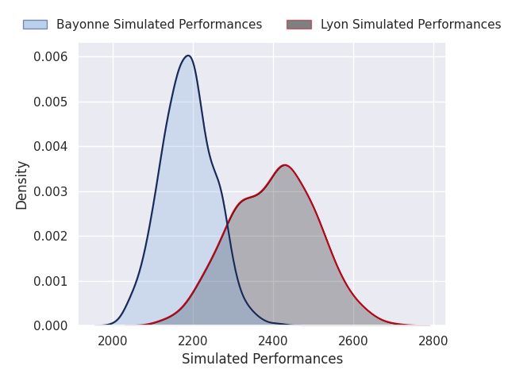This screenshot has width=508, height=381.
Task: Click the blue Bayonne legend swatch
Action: tap(35, 25)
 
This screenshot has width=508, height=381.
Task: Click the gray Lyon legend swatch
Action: tap(299, 25)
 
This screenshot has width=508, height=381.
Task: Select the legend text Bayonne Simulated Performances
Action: tap(159, 25)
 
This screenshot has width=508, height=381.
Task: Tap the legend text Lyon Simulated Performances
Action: tap(411, 25)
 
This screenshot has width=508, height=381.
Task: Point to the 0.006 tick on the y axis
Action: tap(51, 57)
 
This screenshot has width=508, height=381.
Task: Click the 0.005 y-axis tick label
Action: tap(51, 102)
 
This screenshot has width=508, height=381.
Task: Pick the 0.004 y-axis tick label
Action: tap(51, 147)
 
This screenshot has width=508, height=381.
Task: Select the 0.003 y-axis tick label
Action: tap(51, 192)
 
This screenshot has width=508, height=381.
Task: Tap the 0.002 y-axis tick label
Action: tap(51, 237)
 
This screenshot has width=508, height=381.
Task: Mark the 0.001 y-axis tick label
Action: tap(51, 281)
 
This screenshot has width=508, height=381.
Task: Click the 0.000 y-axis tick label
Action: tap(51, 326)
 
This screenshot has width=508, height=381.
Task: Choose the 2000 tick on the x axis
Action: tap(113, 341)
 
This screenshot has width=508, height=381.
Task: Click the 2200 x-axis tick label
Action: tap(193, 341)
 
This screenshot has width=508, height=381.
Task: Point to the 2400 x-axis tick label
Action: tap(273, 341)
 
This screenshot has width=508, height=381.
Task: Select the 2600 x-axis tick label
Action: tap(353, 341)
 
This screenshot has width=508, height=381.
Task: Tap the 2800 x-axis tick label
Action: tap(433, 341)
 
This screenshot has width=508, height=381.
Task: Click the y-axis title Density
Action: tap(21, 185)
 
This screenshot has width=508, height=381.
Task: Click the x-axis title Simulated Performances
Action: tap(263, 359)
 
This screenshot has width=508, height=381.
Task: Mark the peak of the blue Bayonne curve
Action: tap(188, 56)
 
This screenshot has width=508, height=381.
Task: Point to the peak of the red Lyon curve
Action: tap(285, 165)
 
